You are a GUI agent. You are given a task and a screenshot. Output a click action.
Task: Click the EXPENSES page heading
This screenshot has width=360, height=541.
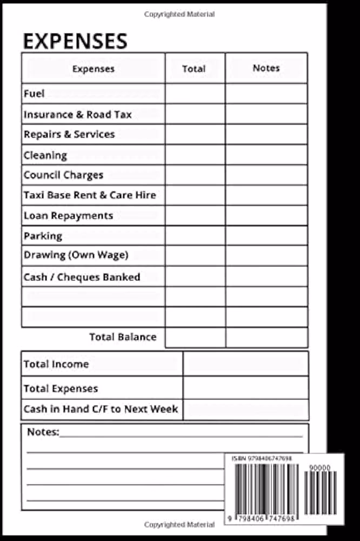[75, 41]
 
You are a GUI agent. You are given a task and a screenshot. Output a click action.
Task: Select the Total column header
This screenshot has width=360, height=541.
[194, 69]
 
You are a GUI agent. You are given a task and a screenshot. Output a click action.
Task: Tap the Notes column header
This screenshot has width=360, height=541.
[266, 68]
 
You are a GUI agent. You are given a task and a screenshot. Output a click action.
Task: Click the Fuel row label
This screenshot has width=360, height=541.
[34, 94]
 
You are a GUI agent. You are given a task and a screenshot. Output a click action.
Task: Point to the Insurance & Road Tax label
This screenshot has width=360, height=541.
[77, 115]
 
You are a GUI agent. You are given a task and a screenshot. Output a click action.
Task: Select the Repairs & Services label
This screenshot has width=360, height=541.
[69, 134]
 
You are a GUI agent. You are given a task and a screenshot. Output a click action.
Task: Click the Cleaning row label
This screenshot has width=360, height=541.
[45, 155]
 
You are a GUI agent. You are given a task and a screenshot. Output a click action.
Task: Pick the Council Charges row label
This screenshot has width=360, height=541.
[63, 175]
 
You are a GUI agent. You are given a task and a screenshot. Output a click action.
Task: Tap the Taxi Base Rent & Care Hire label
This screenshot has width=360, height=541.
[90, 195]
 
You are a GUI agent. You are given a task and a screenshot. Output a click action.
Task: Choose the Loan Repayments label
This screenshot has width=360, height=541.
[68, 215]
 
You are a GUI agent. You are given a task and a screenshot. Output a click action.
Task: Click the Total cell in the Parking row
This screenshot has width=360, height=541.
[195, 235]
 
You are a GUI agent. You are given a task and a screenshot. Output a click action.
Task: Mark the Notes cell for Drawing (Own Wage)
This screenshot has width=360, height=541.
[266, 255]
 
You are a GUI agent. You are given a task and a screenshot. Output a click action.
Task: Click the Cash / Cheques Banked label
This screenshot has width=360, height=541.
[82, 277]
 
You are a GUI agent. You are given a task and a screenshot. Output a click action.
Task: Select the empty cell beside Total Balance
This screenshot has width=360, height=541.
[195, 337]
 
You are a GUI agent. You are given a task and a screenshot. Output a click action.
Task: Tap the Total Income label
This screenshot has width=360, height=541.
[56, 364]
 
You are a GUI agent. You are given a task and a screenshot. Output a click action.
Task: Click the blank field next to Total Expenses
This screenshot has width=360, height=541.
[246, 388]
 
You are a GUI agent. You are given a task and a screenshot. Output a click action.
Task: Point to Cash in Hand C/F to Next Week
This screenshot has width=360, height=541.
[101, 409]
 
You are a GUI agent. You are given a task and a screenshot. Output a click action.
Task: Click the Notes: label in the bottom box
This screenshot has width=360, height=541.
[43, 432]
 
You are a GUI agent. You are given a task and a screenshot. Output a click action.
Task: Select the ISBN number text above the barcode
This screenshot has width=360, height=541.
[262, 458]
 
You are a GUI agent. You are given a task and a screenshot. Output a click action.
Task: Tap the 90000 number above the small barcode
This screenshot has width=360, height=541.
[320, 467]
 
